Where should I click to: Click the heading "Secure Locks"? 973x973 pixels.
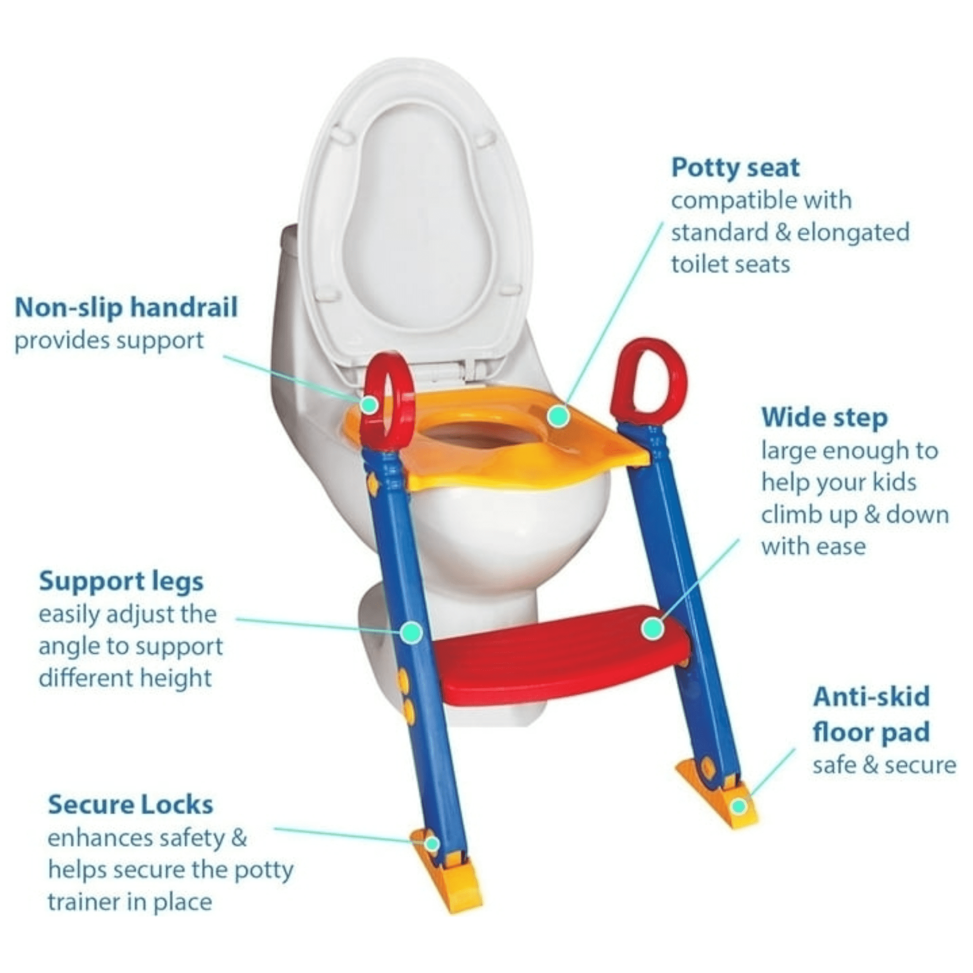[x=130, y=805]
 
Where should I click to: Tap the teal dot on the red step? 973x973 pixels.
[x=653, y=628]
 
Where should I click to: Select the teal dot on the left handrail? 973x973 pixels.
[x=370, y=404]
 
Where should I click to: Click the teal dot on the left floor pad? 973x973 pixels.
[x=431, y=844]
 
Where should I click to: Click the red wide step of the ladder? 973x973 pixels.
[x=561, y=656]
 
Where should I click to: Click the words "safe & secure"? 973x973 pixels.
[x=884, y=765]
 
